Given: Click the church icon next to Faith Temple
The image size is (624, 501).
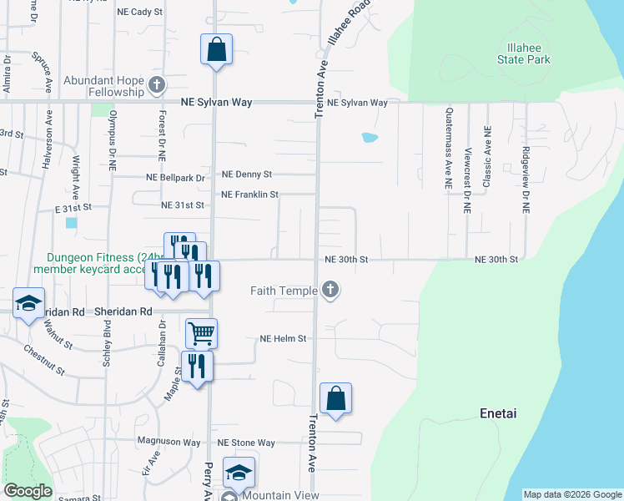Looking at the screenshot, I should (x=330, y=291).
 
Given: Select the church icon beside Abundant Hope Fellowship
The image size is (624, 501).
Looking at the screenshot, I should (x=156, y=84).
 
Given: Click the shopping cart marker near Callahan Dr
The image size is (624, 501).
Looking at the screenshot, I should (x=202, y=333).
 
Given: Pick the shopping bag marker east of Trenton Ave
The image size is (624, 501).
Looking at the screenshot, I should (x=335, y=397).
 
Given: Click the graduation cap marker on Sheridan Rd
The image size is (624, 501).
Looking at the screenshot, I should (x=28, y=302).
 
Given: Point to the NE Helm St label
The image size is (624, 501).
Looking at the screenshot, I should (x=284, y=339).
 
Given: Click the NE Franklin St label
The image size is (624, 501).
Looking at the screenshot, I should (x=249, y=195).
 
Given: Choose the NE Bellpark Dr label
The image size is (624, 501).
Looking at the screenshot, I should (x=175, y=178).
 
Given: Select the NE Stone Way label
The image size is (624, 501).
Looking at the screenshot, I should (x=246, y=443).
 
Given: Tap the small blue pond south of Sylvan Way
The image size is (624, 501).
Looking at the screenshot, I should (x=370, y=137).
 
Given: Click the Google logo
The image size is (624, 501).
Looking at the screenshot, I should (x=28, y=491).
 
